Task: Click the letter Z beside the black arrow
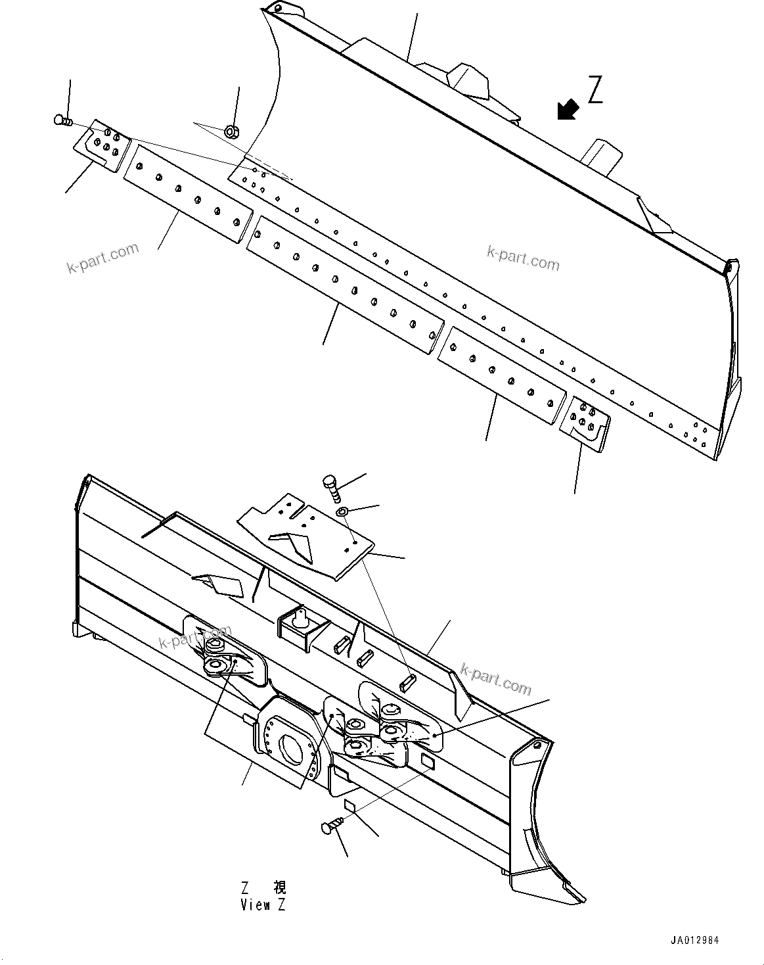[595, 90]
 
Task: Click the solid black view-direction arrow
[568, 110]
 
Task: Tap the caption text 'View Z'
[263, 905]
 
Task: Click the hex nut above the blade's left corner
[231, 132]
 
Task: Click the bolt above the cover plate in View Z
[331, 488]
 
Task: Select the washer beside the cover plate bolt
[342, 511]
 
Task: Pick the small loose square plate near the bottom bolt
[349, 805]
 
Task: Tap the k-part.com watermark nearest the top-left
[103, 258]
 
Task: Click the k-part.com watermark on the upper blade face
[523, 258]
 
